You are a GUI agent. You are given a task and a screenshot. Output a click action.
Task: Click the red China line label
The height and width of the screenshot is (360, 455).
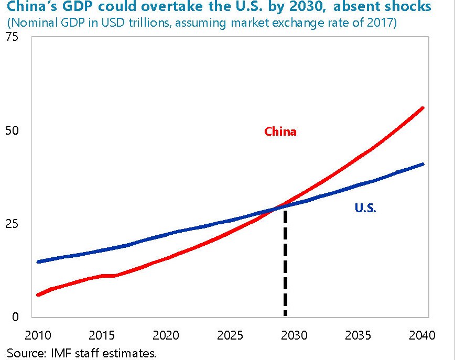click(x=280, y=132)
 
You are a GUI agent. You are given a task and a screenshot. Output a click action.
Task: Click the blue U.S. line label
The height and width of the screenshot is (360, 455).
click(x=366, y=208)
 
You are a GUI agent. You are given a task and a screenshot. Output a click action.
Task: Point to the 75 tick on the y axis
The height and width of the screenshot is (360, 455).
click(x=13, y=38)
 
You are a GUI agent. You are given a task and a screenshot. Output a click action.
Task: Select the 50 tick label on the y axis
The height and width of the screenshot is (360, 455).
click(x=13, y=130)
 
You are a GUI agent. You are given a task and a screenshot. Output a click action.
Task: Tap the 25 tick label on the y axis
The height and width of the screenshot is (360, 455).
click(x=13, y=224)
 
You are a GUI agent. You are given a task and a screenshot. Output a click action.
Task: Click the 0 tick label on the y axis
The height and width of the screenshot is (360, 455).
click(x=15, y=317)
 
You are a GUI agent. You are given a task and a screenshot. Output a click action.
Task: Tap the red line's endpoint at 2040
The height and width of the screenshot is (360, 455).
click(x=423, y=108)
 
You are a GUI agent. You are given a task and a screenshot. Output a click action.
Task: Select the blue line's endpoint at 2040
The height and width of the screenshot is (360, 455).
click(x=423, y=165)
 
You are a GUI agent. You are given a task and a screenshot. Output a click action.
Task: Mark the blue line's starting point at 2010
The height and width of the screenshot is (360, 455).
click(x=38, y=261)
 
